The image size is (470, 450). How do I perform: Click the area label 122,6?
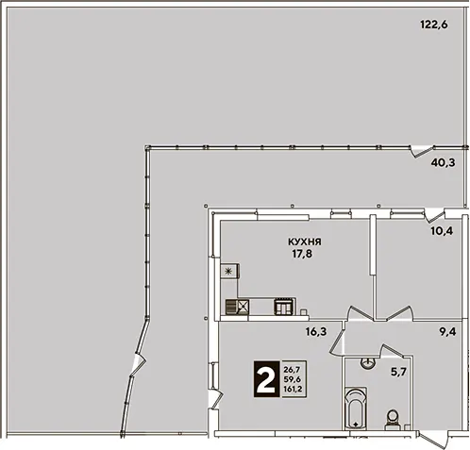tap(434, 25)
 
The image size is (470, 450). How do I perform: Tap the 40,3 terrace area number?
tap(443, 163)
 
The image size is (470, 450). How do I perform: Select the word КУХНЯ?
tap(305, 242)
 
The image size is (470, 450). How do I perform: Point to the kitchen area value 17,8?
tap(302, 254)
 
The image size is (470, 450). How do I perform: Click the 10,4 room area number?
tap(442, 231)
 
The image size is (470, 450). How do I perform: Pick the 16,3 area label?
tap(316, 331)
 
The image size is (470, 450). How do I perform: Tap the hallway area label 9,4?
tap(447, 331)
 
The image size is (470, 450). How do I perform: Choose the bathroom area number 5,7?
tap(398, 373)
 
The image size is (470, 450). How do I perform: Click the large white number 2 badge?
tap(266, 378)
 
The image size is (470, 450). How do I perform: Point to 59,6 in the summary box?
tap(293, 379)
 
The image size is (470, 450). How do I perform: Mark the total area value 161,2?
tap(293, 389)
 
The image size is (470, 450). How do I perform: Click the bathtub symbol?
tap(356, 408)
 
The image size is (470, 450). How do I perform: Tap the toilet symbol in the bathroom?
tap(393, 419)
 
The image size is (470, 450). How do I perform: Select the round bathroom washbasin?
tap(367, 363)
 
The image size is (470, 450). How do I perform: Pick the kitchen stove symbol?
tap(285, 306)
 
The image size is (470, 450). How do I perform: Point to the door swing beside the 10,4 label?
tap(434, 215)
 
